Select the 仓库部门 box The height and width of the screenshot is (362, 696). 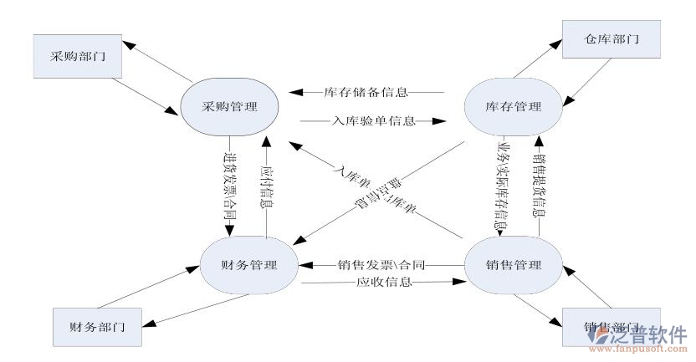point(600,38)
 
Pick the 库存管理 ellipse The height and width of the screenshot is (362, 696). point(513,107)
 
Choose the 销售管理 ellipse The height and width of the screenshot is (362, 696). point(513,266)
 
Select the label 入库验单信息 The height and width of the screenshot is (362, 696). point(365,120)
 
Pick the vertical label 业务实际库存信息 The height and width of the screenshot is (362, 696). point(500,186)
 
